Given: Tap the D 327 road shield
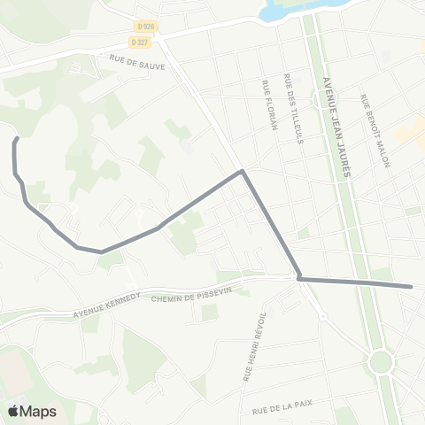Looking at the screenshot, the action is pyautogui.click(x=139, y=42).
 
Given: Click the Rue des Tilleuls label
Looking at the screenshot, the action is pyautogui.click(x=289, y=109).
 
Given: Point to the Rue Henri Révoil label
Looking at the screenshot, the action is pyautogui.click(x=248, y=349).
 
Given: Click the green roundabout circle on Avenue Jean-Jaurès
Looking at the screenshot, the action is pyautogui.click(x=382, y=361).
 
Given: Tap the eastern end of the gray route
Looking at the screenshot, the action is pyautogui.click(x=412, y=286).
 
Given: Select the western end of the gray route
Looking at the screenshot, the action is pyautogui.click(x=17, y=140).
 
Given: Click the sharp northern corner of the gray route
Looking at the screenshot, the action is pyautogui.click(x=242, y=172).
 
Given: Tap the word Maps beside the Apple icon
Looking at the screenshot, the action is pyautogui.click(x=39, y=412).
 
